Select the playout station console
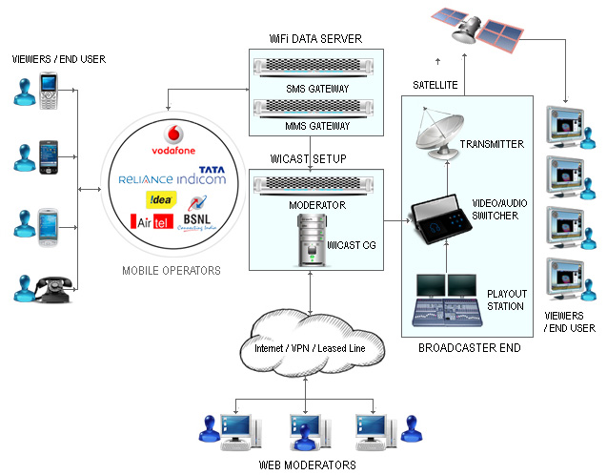coord(448,302)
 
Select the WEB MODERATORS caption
coord(307,465)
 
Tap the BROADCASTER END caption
coord(469,348)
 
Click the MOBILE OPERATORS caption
coord(172,271)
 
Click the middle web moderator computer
coord(303,425)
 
